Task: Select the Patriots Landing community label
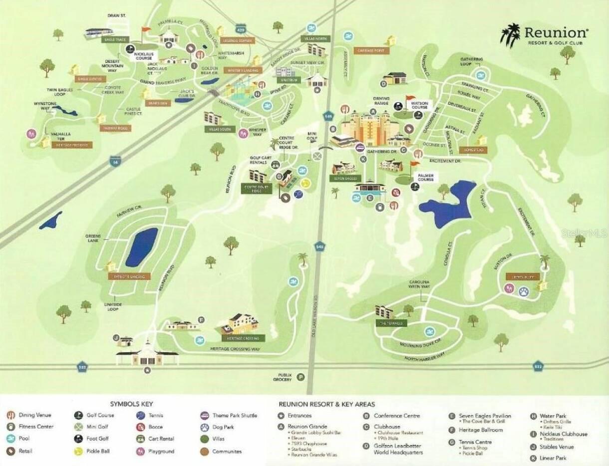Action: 129,276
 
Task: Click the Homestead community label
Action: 474,150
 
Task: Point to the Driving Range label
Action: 381,102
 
